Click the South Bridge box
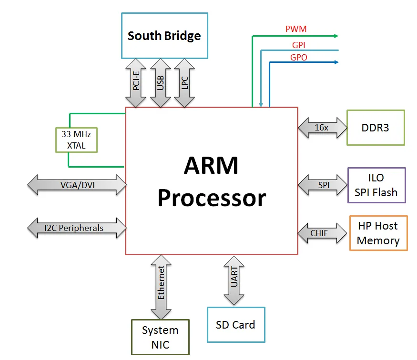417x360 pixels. click(164, 36)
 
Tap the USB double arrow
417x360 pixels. click(161, 83)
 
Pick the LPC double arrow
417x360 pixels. click(184, 83)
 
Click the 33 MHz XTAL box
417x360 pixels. click(76, 140)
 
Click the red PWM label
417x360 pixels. click(296, 29)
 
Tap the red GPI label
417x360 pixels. click(299, 46)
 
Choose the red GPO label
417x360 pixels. click(299, 58)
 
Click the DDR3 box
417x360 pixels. click(376, 128)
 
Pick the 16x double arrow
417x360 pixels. click(323, 128)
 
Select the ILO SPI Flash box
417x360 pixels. click(376, 185)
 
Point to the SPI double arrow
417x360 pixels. click(323, 185)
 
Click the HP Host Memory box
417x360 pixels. click(378, 233)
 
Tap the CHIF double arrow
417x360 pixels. click(323, 233)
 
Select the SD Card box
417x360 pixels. click(235, 325)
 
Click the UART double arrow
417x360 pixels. click(234, 280)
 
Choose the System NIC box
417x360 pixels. click(160, 337)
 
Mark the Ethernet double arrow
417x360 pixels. click(161, 286)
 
